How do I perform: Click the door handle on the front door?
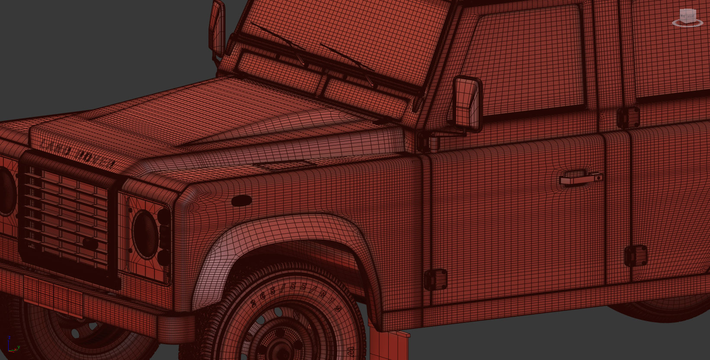coord(581,178)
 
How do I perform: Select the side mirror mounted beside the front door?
coord(467,103)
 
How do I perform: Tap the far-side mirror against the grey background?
coord(217,28)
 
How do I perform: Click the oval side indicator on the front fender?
coord(241,201)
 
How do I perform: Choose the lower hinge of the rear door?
coord(636,256)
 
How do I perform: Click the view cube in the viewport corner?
coord(688,17)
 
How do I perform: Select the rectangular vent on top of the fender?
coord(285,165)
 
